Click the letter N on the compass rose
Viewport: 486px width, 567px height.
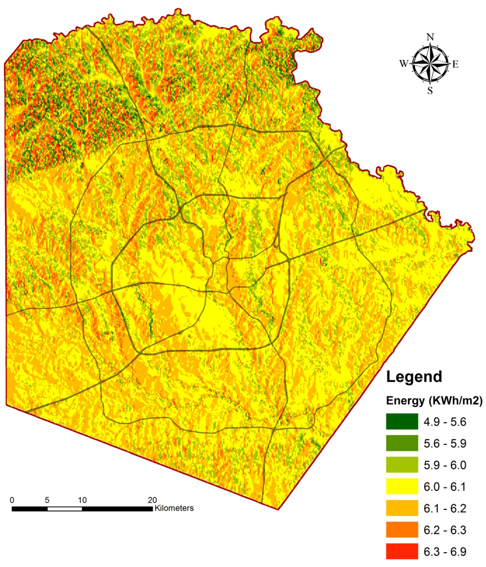(430, 37)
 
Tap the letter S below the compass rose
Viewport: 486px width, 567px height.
(430, 91)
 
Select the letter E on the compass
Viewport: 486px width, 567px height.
(455, 64)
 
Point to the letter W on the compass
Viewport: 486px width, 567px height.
(404, 64)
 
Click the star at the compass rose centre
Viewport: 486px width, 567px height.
(430, 64)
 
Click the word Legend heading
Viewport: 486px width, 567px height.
(414, 377)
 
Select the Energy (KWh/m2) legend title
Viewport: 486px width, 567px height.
(434, 401)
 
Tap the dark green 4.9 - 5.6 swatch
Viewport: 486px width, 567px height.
(402, 422)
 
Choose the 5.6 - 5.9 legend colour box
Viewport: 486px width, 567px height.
(402, 443)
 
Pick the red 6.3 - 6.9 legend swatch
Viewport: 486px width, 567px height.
(402, 552)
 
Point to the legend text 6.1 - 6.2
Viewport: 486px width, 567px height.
(445, 508)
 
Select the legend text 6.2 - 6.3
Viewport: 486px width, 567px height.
(445, 530)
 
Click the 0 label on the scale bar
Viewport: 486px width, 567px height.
(12, 500)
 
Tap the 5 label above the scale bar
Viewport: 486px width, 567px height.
(47, 500)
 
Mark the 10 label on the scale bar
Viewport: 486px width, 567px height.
(82, 500)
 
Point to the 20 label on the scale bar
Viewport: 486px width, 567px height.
(152, 500)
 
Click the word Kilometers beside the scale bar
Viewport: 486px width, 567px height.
(174, 508)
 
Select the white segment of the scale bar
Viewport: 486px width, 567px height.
(65, 509)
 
